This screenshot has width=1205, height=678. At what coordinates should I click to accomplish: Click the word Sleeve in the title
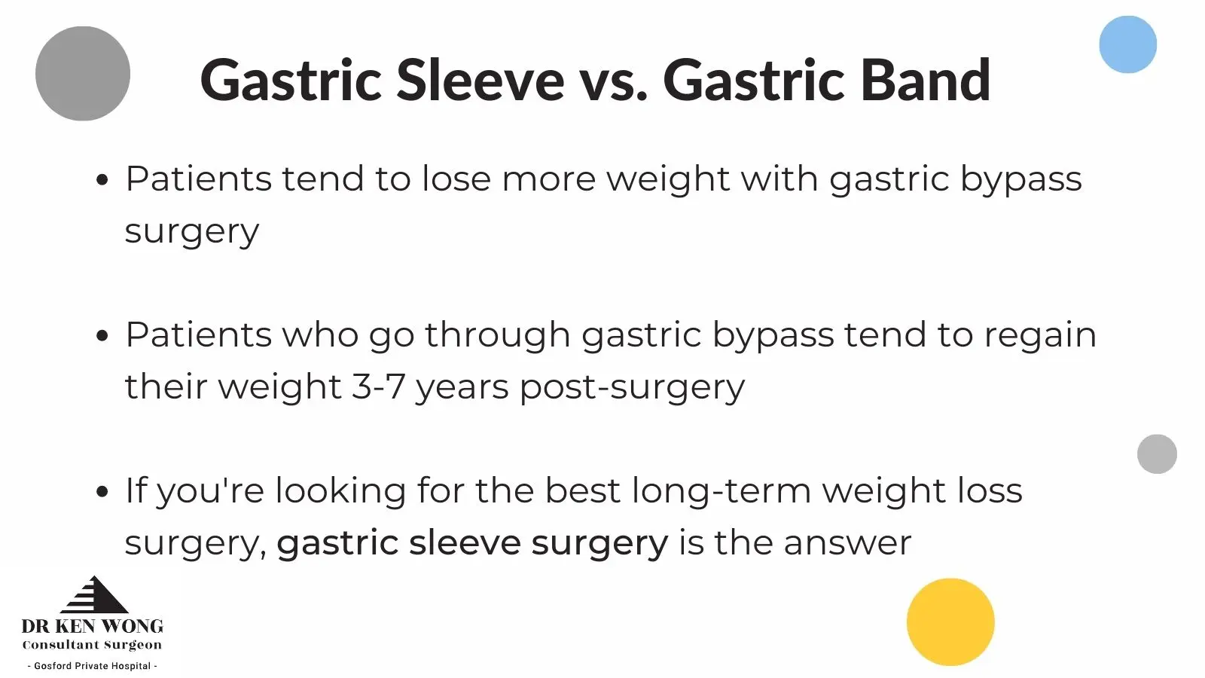(480, 80)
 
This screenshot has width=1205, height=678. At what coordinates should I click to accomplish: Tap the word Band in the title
(926, 80)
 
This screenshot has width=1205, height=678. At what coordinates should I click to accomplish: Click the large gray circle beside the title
(83, 73)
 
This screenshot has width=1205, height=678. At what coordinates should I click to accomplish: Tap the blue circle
(1127, 44)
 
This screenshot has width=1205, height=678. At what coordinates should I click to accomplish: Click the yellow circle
(950, 622)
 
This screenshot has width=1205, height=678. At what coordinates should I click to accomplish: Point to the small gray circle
(1157, 454)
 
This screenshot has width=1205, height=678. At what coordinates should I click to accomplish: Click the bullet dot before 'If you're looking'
(102, 491)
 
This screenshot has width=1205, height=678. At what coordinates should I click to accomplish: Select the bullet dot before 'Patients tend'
(102, 180)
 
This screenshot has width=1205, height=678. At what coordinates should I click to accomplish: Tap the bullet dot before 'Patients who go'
(102, 336)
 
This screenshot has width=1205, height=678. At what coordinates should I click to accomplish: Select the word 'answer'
(848, 543)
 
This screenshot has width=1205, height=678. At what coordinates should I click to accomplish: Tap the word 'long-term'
(721, 492)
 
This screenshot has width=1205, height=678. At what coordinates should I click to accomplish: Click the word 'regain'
(1040, 337)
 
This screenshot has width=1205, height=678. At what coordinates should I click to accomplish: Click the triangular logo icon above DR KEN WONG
(95, 594)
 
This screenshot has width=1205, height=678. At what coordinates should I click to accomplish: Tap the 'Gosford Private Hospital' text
(93, 666)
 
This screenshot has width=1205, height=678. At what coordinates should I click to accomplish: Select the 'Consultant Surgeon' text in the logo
(92, 645)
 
